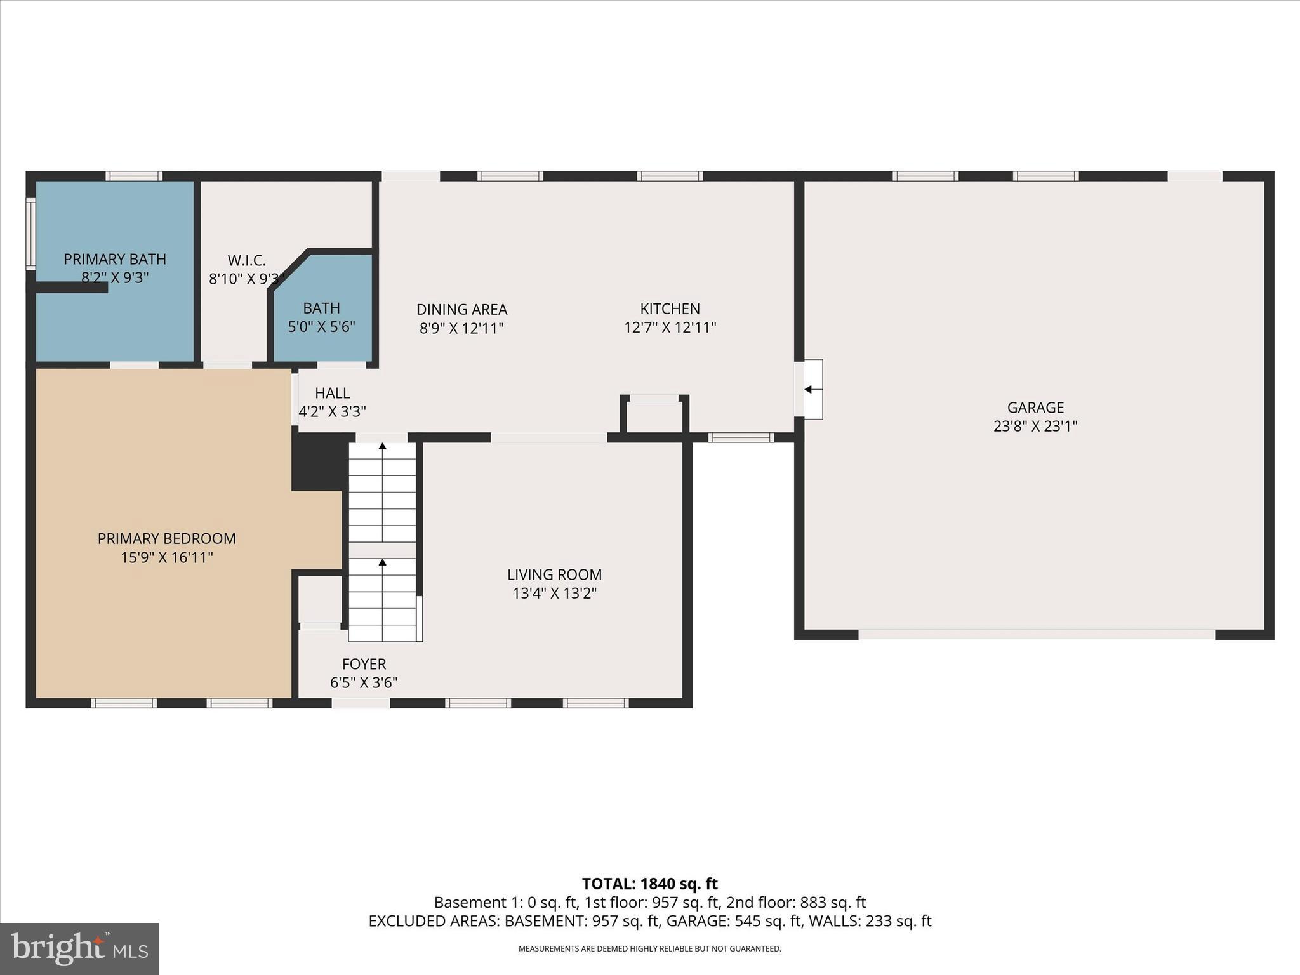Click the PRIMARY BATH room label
[115, 259]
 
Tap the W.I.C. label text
[246, 260]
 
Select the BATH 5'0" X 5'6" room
[322, 317]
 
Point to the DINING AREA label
[461, 310]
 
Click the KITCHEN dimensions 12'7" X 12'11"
[670, 328]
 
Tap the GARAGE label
[1035, 408]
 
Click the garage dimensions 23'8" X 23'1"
[1035, 426]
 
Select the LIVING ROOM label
[554, 574]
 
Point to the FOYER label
[364, 664]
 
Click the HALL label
[332, 393]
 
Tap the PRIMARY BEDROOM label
[166, 538]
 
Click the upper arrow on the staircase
[382, 447]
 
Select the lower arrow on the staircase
[382, 562]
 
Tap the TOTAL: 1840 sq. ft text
[649, 884]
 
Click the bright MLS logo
[79, 948]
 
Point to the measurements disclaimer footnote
[649, 949]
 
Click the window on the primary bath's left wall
[30, 234]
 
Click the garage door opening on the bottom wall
[1036, 634]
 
